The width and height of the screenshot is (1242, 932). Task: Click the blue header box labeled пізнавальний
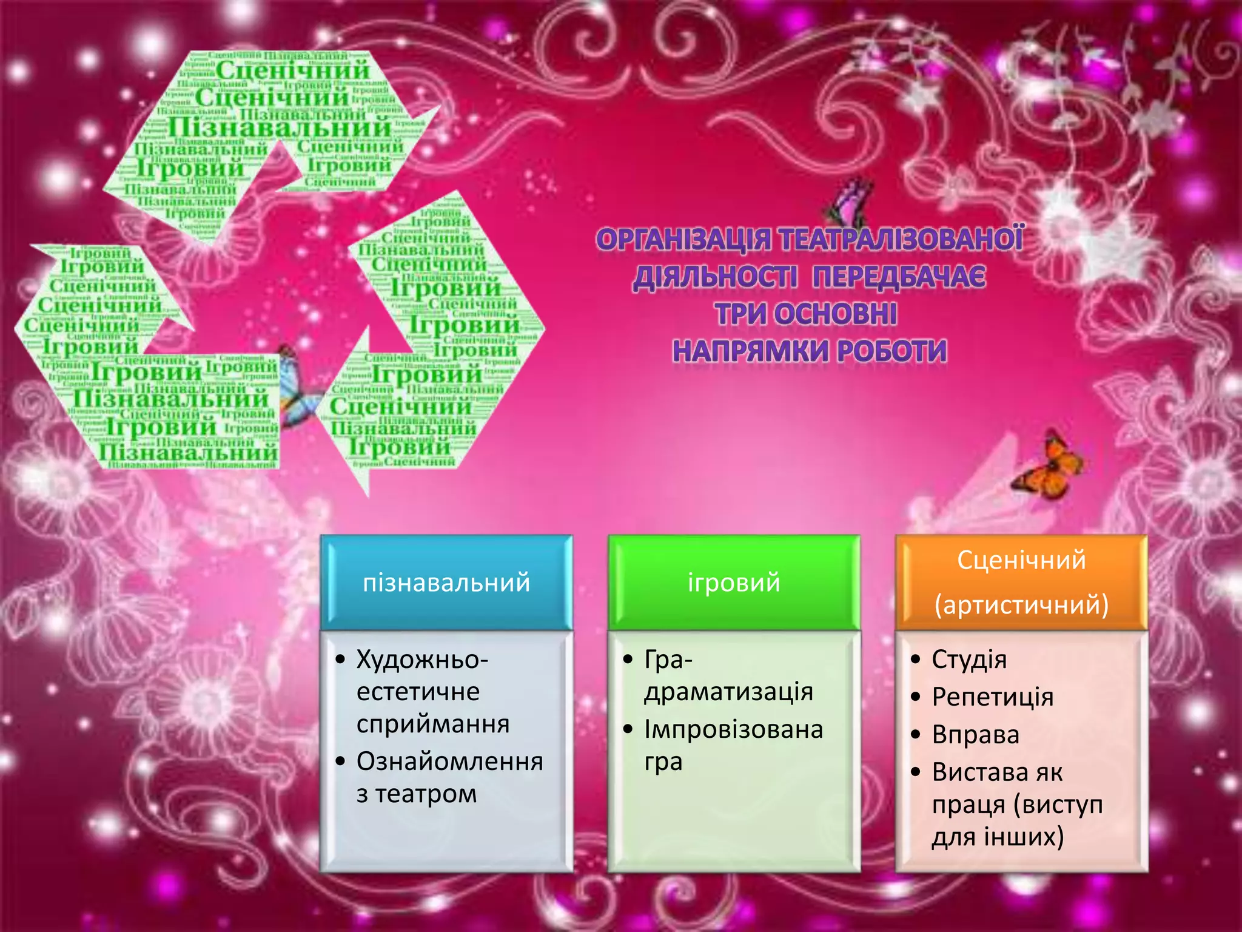446,582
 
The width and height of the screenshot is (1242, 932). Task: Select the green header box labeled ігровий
734,582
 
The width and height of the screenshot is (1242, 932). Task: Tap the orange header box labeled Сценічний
1021,560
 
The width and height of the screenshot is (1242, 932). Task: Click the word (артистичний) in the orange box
1021,605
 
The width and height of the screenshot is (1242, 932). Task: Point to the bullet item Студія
969,660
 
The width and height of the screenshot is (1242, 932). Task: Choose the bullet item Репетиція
993,697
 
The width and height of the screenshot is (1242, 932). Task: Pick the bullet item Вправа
976,735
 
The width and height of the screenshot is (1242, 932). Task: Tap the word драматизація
728,692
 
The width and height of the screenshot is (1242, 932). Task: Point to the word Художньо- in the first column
422,660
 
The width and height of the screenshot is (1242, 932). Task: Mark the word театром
426,794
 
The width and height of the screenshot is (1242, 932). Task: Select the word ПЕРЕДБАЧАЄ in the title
899,278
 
